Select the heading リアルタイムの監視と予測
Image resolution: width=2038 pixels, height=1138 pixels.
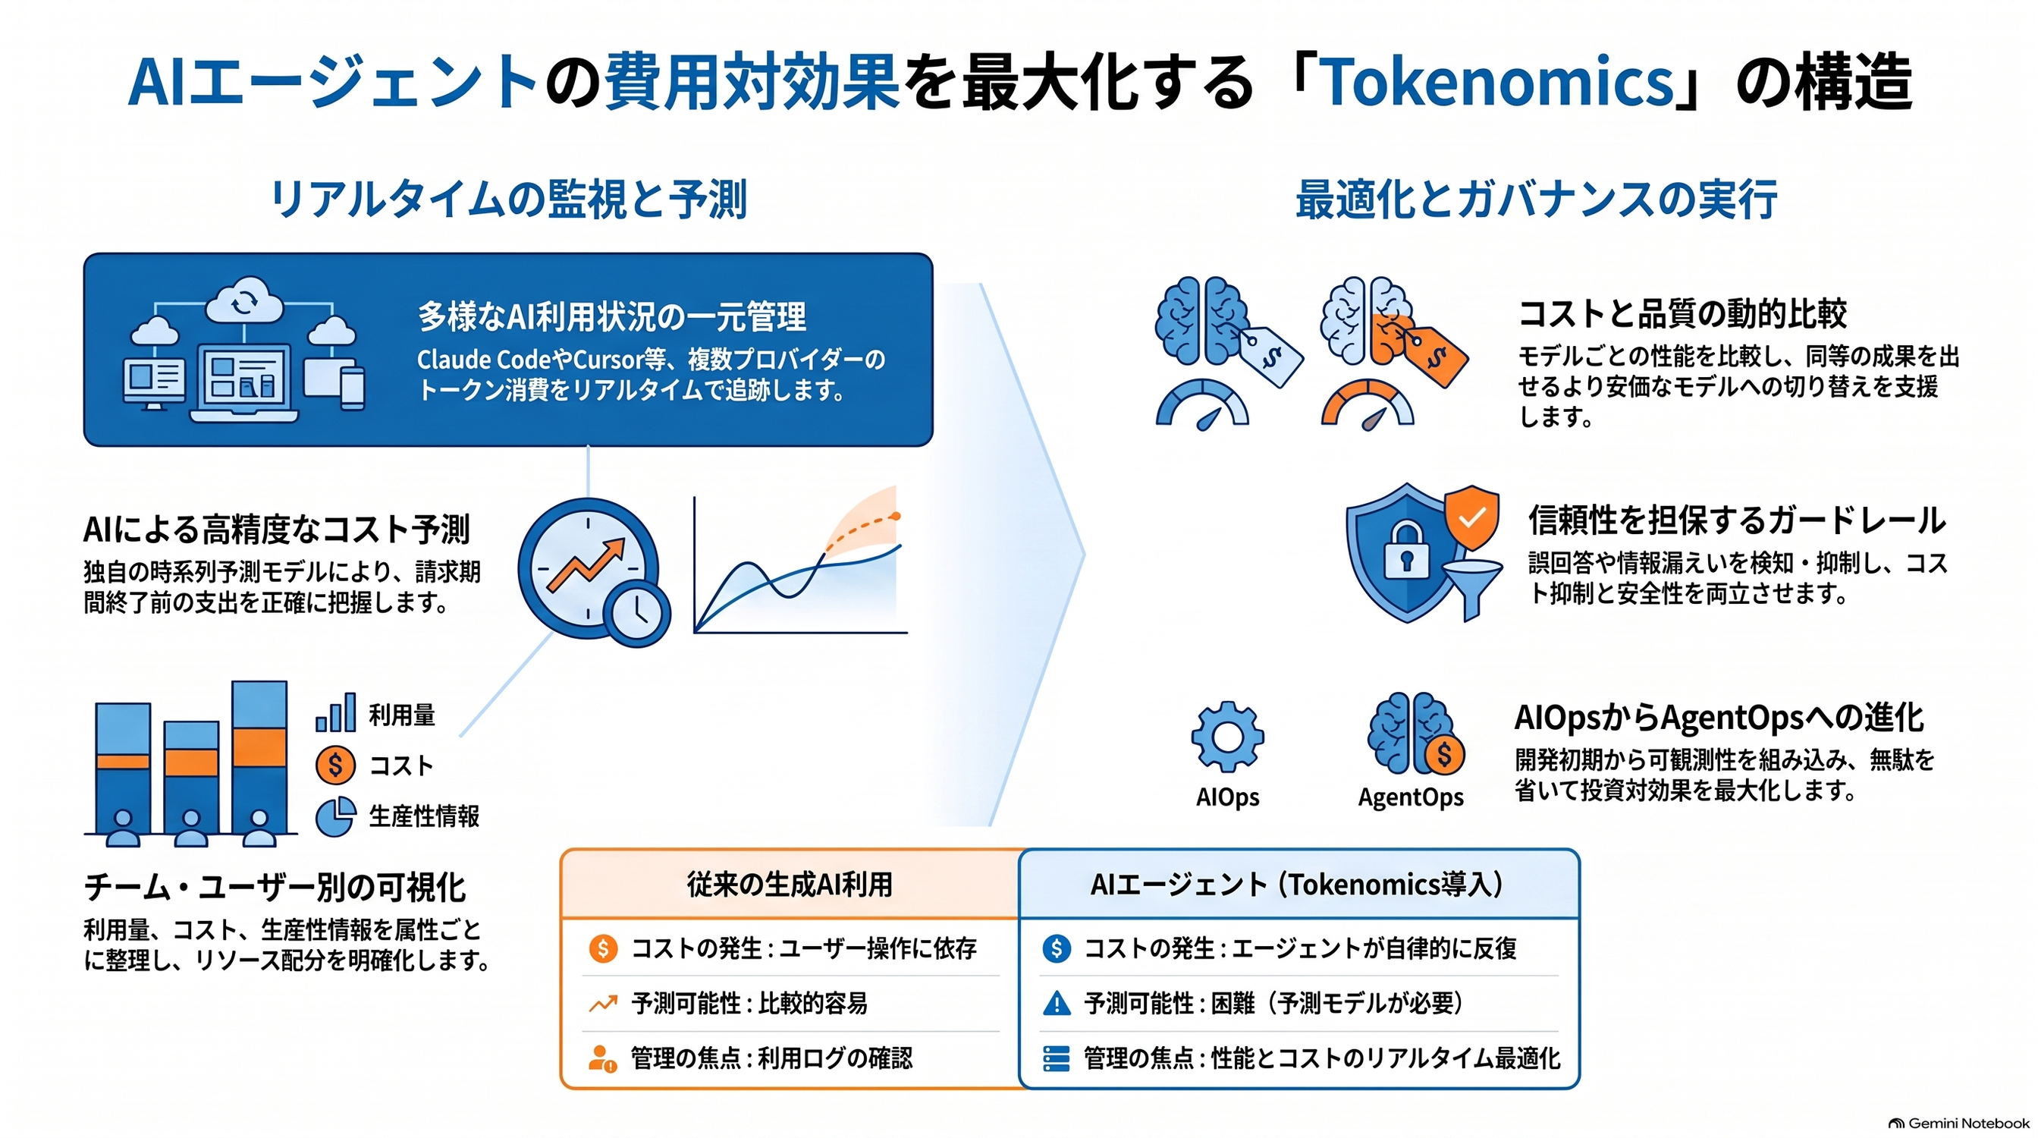coord(509,199)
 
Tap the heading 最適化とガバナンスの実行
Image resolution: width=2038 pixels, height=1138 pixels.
coord(1537,199)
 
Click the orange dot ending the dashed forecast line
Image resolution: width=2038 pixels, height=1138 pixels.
coord(895,517)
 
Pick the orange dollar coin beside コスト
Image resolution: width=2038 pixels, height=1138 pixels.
coord(335,765)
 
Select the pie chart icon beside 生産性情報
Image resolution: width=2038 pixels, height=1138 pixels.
coord(335,816)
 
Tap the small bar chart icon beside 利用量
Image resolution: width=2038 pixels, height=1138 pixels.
coord(335,712)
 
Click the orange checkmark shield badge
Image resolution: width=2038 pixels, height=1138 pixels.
coord(1471,517)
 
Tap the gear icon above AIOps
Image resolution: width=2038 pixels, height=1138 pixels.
coord(1227,737)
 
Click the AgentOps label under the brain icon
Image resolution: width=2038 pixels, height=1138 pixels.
coord(1411,797)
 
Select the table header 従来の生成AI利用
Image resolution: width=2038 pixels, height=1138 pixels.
coord(790,884)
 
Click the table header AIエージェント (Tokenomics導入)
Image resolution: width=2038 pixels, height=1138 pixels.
coord(1298,884)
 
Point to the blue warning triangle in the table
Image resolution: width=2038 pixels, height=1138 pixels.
coord(1057,1004)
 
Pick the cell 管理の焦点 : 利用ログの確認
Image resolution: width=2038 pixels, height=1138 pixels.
coord(771,1058)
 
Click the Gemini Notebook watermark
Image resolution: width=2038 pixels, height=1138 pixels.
coord(1959,1123)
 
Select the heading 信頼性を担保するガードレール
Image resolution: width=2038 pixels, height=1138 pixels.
coord(1737,520)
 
